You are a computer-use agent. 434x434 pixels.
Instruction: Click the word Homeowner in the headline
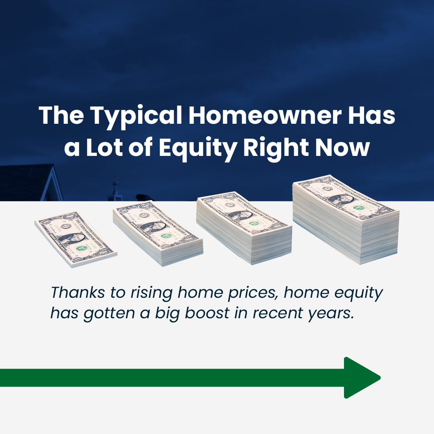[x=265, y=115]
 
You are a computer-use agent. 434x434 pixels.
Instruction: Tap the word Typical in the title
[x=136, y=117]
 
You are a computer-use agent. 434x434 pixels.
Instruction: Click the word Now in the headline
[x=342, y=147]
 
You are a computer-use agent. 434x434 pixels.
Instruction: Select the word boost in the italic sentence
[x=207, y=313]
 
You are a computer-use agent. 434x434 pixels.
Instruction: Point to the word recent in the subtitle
[x=278, y=313]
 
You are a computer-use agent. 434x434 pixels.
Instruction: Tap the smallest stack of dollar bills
[x=76, y=239]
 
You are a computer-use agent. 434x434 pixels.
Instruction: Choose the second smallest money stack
[x=158, y=233]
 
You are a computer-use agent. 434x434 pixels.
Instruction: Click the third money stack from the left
[x=244, y=228]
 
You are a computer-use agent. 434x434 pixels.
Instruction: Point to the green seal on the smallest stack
[x=82, y=248]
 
